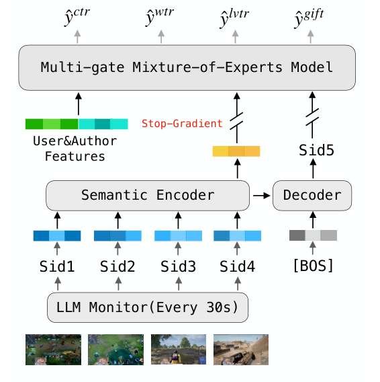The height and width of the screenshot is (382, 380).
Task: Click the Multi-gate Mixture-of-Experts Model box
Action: [x=187, y=67]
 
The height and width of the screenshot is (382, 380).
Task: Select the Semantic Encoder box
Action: [x=147, y=196]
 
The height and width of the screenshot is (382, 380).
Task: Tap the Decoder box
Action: [x=312, y=196]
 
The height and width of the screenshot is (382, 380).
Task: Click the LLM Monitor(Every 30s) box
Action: [x=148, y=308]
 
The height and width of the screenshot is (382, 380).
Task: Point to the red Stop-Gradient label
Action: [x=182, y=124]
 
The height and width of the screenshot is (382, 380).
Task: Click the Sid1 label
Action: [x=56, y=266]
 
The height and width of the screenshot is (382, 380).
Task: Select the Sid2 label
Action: [x=117, y=266]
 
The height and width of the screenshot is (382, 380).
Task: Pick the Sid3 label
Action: [x=178, y=266]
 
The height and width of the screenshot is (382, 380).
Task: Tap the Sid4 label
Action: [x=238, y=266]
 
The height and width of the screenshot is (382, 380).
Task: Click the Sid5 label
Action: [x=313, y=150]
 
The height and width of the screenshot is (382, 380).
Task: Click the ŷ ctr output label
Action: [x=78, y=18]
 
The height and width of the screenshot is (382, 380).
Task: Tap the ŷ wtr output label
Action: [x=160, y=18]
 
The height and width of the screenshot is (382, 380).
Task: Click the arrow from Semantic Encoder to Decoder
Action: [x=261, y=196]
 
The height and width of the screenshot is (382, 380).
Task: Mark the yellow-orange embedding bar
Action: [x=236, y=151]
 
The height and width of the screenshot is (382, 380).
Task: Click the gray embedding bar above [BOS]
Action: [x=313, y=235]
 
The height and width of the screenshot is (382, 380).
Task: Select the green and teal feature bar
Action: [x=77, y=124]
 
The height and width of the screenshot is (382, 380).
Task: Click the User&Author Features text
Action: [x=75, y=149]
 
